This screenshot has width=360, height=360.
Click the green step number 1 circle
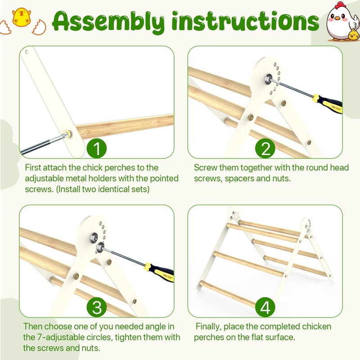click(97, 148)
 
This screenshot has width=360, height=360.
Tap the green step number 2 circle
click(265, 148)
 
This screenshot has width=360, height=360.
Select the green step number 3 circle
click(97, 307)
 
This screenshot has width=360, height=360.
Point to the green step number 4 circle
click(265, 307)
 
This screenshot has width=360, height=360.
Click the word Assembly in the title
click(108, 22)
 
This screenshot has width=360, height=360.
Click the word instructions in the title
click(245, 21)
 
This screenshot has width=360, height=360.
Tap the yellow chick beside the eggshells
click(21, 17)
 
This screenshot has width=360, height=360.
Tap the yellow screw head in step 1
click(68, 134)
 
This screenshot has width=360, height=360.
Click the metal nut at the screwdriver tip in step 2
click(268, 79)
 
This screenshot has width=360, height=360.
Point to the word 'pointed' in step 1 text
click(164, 178)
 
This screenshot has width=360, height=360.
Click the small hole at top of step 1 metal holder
click(27, 52)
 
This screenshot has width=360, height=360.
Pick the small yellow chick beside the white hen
click(354, 35)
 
